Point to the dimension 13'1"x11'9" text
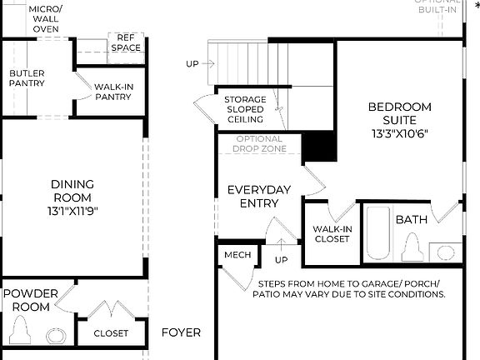pos(72,211)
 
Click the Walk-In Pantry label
pos(112,92)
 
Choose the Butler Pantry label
pos(27,78)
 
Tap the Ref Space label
pos(126,43)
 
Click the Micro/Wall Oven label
pos(45,17)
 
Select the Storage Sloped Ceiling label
pos(245,109)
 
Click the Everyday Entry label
pos(259,197)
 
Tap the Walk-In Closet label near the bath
pos(331,233)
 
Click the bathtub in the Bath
pos(378,234)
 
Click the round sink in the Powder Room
pos(55,336)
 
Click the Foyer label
pos(181,332)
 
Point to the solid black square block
pos(318,147)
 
